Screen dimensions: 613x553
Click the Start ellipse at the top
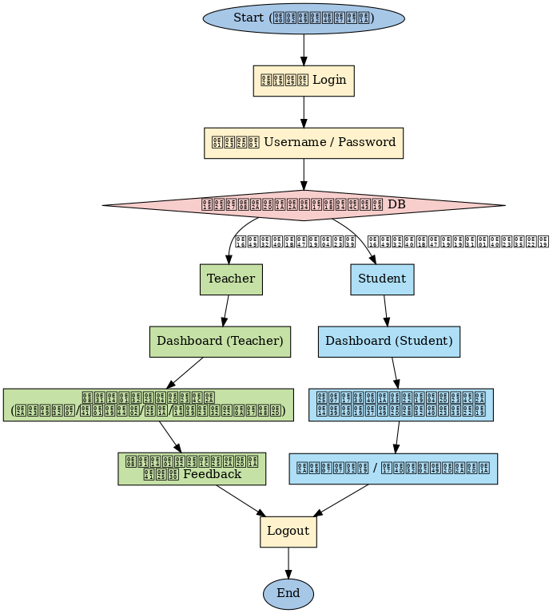pos(304,18)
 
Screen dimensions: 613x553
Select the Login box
pos(304,80)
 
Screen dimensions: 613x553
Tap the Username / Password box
pos(304,142)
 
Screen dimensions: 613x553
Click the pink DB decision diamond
pos(304,205)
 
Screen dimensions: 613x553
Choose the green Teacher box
pos(231,279)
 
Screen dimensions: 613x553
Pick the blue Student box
pos(382,279)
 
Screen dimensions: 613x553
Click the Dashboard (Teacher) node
pos(220,341)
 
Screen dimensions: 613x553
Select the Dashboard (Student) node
pos(389,341)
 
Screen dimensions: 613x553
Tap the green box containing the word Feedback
pos(192,468)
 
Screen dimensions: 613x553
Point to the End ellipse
pos(288,593)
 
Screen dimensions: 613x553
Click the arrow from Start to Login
pos(304,49)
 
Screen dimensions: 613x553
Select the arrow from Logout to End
pos(288,563)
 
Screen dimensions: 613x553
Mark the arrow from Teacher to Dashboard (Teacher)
pos(226,310)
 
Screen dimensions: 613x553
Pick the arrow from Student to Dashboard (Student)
pos(386,310)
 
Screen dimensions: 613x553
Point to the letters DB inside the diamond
pos(396,205)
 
